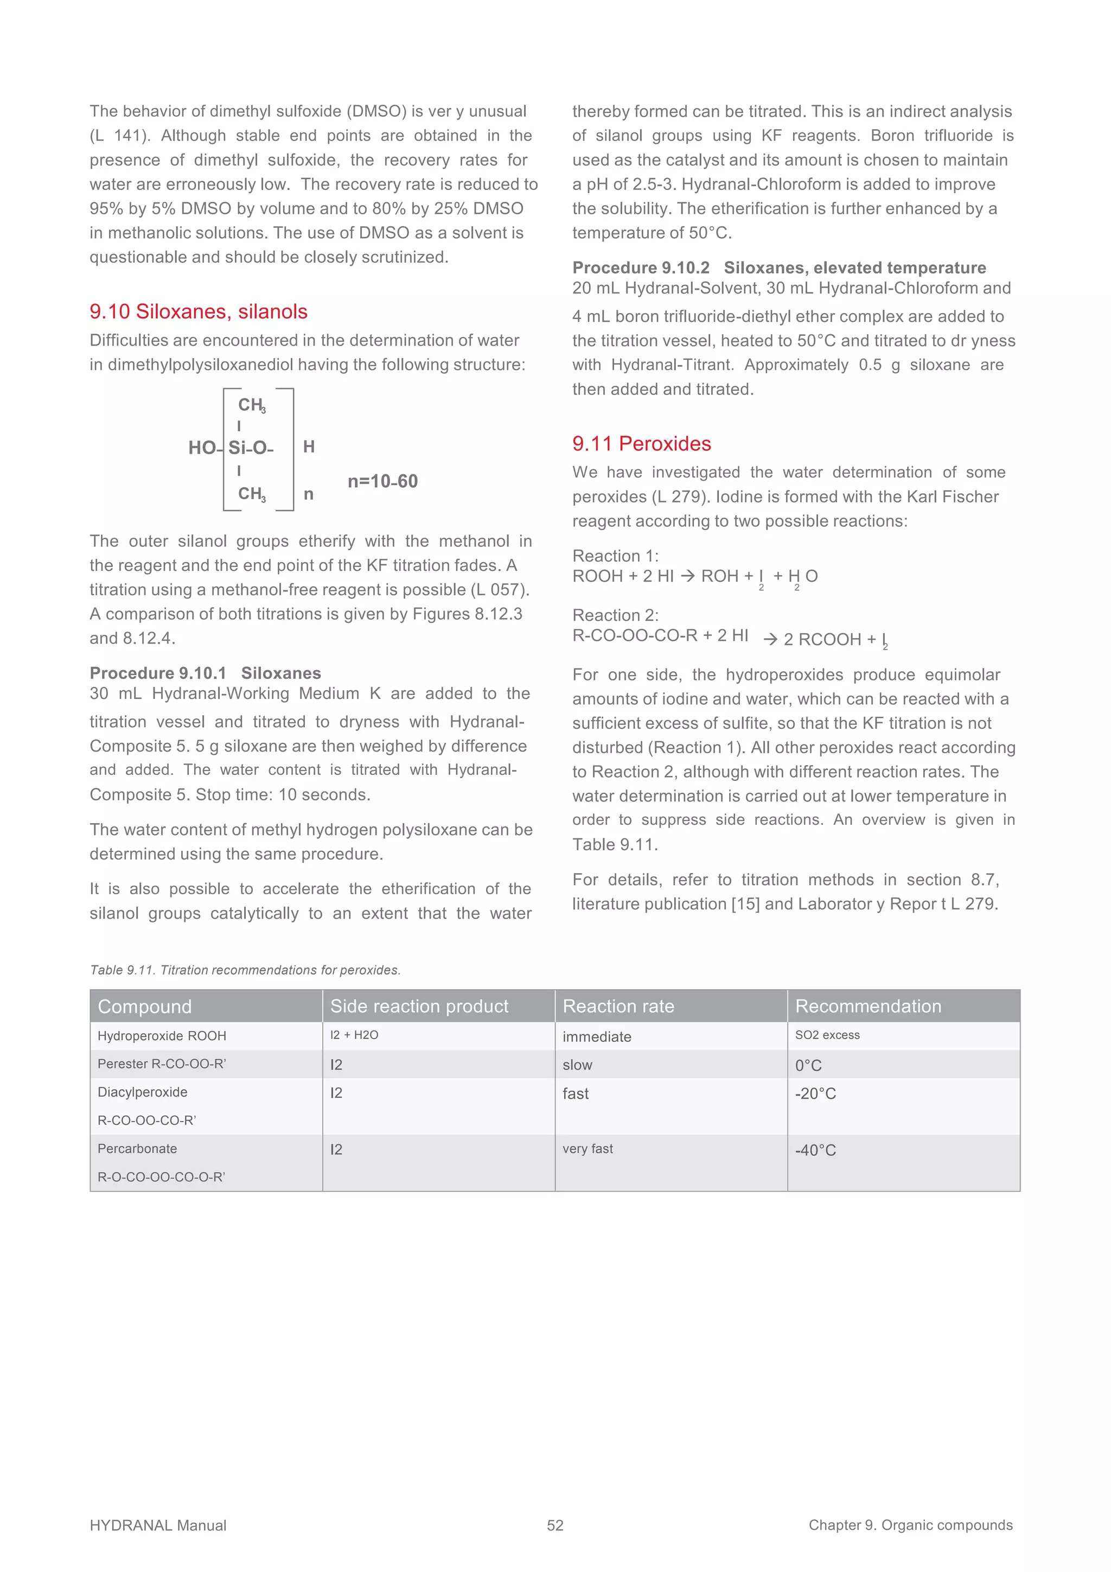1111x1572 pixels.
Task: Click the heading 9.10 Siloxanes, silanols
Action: (199, 311)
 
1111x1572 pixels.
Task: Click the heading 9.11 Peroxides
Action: (641, 444)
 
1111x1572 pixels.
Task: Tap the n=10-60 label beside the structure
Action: (382, 481)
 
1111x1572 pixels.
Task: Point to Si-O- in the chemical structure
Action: (250, 448)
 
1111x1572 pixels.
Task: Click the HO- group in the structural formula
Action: (204, 448)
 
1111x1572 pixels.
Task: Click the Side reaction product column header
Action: (419, 1006)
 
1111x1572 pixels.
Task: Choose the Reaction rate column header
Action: (618, 1006)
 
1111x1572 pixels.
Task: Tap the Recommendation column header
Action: (868, 1006)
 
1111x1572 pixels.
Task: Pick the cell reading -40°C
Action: (815, 1150)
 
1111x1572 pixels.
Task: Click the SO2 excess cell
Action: (827, 1035)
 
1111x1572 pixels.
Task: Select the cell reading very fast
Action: (588, 1149)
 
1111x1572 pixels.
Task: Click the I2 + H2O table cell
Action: (354, 1035)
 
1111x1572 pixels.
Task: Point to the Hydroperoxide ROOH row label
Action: (162, 1036)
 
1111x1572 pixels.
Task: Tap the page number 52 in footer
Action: (555, 1525)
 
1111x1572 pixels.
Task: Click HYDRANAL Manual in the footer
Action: (158, 1525)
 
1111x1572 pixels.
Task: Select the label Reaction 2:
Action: (615, 615)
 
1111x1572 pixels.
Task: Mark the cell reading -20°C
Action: (815, 1093)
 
